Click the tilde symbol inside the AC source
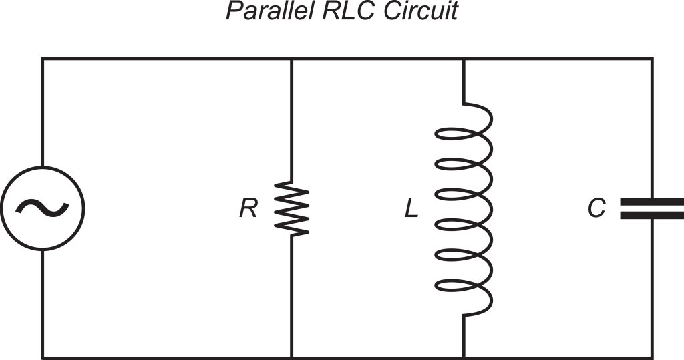pos(43,208)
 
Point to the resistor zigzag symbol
pos(292,208)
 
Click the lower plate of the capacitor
pos(652,215)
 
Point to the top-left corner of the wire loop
pos(43,59)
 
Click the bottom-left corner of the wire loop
pos(43,357)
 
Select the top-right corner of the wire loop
pos(652,59)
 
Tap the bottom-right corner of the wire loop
pos(652,357)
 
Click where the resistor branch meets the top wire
pos(292,59)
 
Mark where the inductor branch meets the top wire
pos(463,59)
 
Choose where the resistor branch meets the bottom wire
pos(292,357)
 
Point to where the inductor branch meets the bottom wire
pos(463,357)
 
